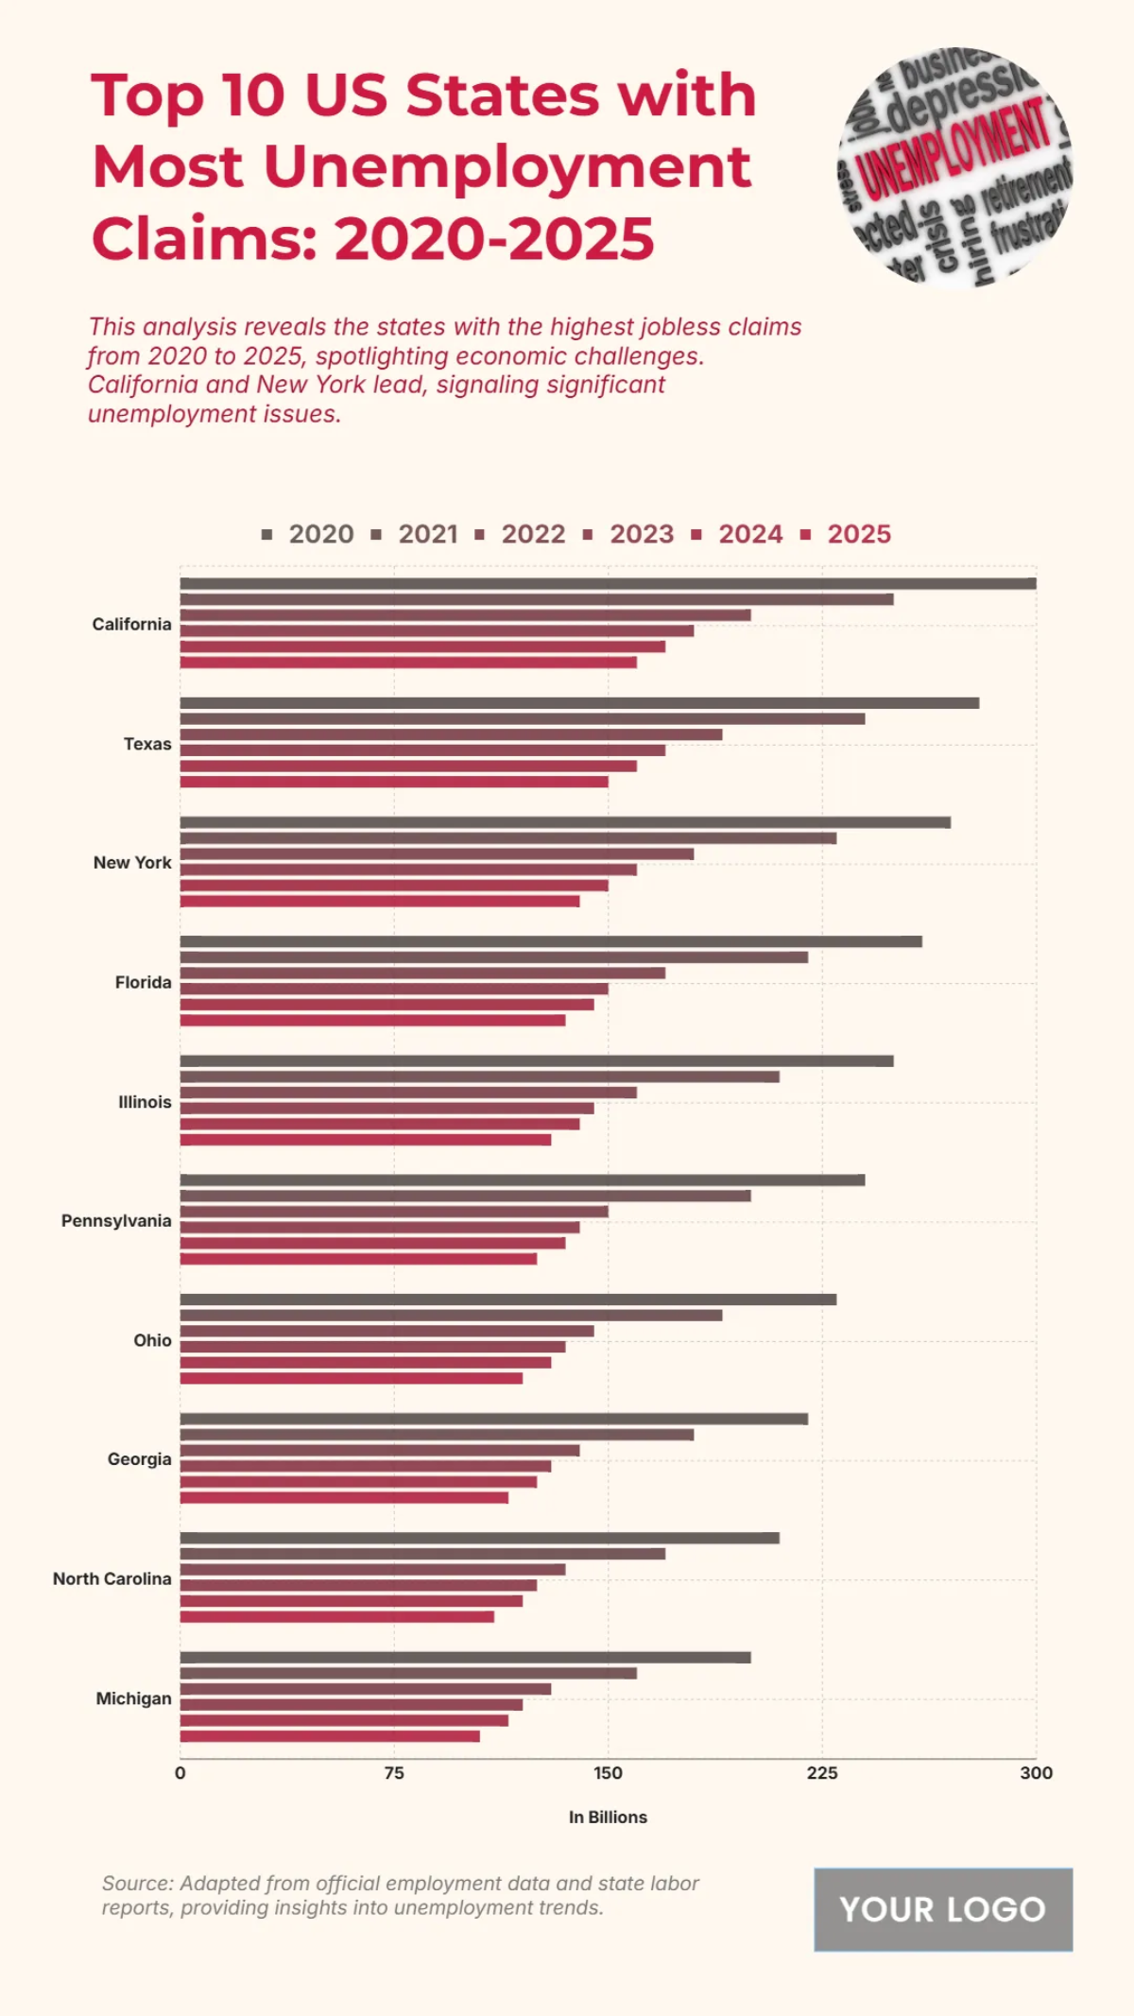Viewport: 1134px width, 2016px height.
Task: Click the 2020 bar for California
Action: (608, 583)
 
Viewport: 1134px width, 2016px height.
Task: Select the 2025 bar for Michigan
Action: (330, 1736)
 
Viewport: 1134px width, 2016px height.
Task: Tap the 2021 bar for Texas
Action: (522, 719)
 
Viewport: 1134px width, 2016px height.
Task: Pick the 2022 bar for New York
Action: (437, 854)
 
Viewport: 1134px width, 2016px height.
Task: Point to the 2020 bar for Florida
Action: (551, 941)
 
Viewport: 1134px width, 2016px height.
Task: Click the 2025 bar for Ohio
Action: (351, 1378)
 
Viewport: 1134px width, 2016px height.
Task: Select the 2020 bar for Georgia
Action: (493, 1419)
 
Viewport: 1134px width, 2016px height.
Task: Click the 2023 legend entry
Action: (630, 534)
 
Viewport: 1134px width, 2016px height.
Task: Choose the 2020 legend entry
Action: (309, 534)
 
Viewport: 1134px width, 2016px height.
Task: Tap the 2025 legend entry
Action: (847, 534)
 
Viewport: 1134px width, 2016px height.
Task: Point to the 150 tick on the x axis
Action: (608, 1773)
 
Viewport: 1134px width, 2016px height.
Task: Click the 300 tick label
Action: (1036, 1773)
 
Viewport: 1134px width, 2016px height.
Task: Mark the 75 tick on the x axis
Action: (394, 1773)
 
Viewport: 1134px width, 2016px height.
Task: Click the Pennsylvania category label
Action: (116, 1221)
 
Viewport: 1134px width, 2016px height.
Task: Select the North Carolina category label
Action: (112, 1578)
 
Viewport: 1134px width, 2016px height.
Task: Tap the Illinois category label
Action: (145, 1102)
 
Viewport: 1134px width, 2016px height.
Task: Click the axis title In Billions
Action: (608, 1817)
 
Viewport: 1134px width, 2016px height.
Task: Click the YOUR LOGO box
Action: (942, 1909)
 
